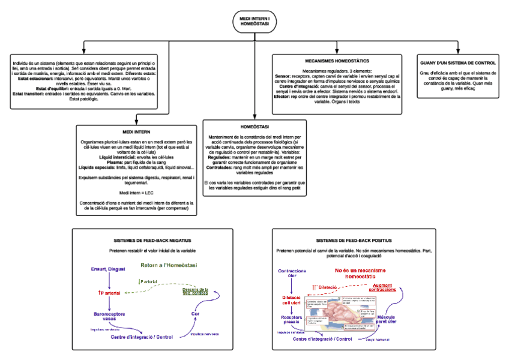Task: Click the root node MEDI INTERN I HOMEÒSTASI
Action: [254, 22]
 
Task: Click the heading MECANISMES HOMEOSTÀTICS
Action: [337, 61]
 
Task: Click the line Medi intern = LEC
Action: [136, 193]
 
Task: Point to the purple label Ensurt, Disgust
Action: [108, 269]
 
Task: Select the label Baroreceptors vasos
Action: [109, 316]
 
